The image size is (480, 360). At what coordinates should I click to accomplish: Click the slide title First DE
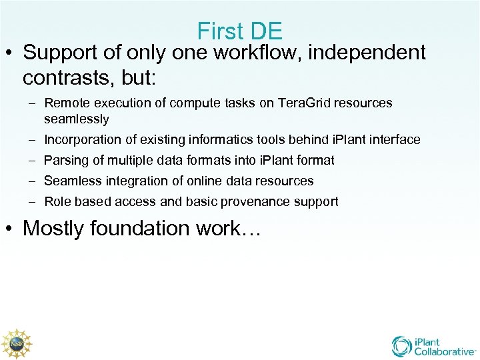coord(240,31)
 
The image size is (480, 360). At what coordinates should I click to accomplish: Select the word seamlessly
coord(76,119)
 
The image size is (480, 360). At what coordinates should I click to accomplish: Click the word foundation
coord(143,229)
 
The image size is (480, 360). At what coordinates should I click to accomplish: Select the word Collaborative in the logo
coord(443,351)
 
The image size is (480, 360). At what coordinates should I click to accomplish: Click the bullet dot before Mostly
coord(11,229)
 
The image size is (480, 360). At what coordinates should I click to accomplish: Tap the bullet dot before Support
coord(11,53)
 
